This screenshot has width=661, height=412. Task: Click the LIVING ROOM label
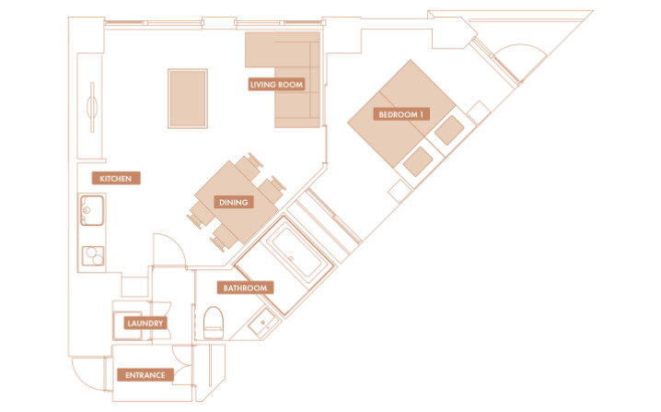[x=276, y=85]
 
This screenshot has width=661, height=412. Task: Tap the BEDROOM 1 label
[x=400, y=114]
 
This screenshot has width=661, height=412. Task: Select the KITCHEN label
[x=116, y=179]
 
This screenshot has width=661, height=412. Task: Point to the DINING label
[x=234, y=202]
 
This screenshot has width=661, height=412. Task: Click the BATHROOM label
[x=246, y=288]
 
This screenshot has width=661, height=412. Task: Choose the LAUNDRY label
[x=145, y=324]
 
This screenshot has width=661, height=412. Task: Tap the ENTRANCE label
[x=145, y=375]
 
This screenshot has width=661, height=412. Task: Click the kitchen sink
[x=92, y=210]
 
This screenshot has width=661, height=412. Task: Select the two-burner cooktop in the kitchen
[x=93, y=256]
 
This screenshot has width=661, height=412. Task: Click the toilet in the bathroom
[x=214, y=323]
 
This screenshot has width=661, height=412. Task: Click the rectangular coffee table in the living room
[x=188, y=99]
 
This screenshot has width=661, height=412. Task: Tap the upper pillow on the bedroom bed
[x=449, y=130]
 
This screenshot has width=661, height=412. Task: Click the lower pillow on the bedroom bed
[x=418, y=161]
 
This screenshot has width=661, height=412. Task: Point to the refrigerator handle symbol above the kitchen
[x=92, y=107]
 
